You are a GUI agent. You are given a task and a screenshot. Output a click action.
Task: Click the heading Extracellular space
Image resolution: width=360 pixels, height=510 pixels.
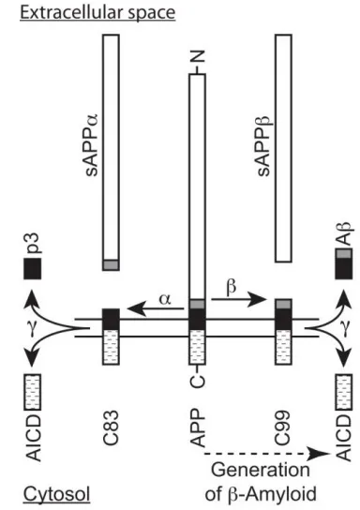click(97, 13)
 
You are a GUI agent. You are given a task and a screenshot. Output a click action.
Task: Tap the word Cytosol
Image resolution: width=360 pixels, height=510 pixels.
click(56, 494)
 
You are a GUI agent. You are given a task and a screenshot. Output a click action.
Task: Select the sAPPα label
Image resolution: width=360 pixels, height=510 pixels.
click(91, 144)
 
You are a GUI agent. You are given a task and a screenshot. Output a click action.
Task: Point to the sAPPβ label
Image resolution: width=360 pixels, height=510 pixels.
click(263, 145)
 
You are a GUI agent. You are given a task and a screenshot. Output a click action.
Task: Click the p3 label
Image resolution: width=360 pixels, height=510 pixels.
click(34, 243)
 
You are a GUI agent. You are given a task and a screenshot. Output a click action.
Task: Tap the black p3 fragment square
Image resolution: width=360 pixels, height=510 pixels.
click(33, 268)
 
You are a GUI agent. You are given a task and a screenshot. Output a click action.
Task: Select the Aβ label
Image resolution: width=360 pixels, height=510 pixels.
click(343, 233)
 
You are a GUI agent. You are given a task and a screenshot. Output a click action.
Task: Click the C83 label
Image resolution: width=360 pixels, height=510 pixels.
click(111, 427)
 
